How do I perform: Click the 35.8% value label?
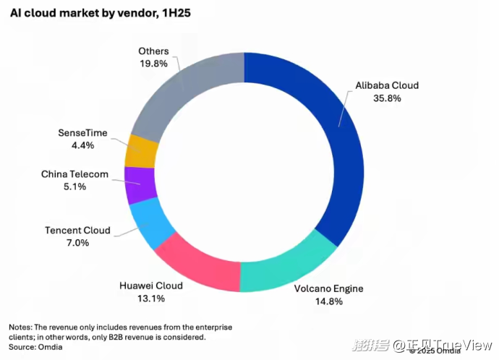click(387, 98)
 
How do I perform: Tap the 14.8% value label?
click(328, 301)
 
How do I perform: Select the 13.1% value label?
click(151, 298)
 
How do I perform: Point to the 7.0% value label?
click(77, 243)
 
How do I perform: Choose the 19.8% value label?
click(153, 64)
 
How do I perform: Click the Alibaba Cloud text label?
click(387, 85)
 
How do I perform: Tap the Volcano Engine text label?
click(328, 289)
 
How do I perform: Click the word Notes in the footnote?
click(21, 327)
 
